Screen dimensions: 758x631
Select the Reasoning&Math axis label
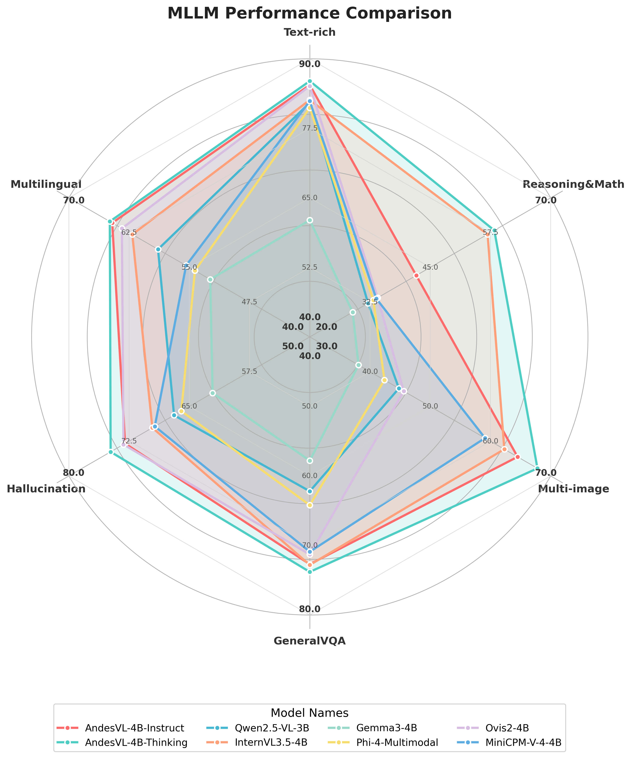[x=573, y=184]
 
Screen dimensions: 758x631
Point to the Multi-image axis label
[x=573, y=489]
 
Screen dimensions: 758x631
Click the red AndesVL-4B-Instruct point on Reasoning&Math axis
[x=417, y=276]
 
